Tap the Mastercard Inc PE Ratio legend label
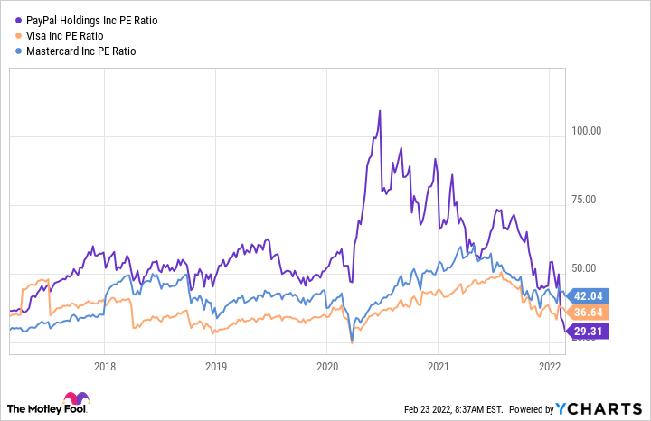coord(82,51)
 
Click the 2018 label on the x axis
coord(104,367)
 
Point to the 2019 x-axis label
coord(215,367)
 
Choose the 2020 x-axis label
coord(326,367)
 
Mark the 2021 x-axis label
coord(438,367)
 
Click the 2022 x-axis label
coord(549,367)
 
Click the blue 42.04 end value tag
coord(589,295)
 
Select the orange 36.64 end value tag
coord(589,312)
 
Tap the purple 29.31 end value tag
coord(589,332)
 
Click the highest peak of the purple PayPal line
coord(380,110)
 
